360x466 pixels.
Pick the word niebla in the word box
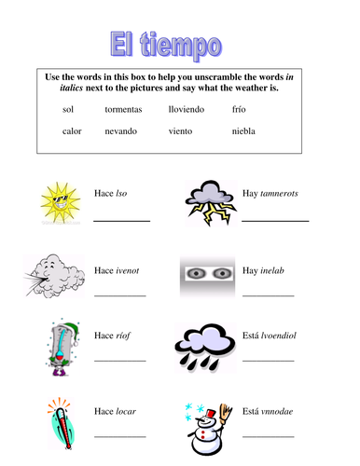pyautogui.click(x=244, y=130)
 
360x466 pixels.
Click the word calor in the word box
pyautogui.click(x=72, y=130)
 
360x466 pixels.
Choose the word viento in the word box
pyautogui.click(x=183, y=130)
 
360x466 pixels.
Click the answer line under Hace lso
pyautogui.click(x=121, y=220)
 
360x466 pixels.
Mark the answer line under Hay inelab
pyautogui.click(x=268, y=295)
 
